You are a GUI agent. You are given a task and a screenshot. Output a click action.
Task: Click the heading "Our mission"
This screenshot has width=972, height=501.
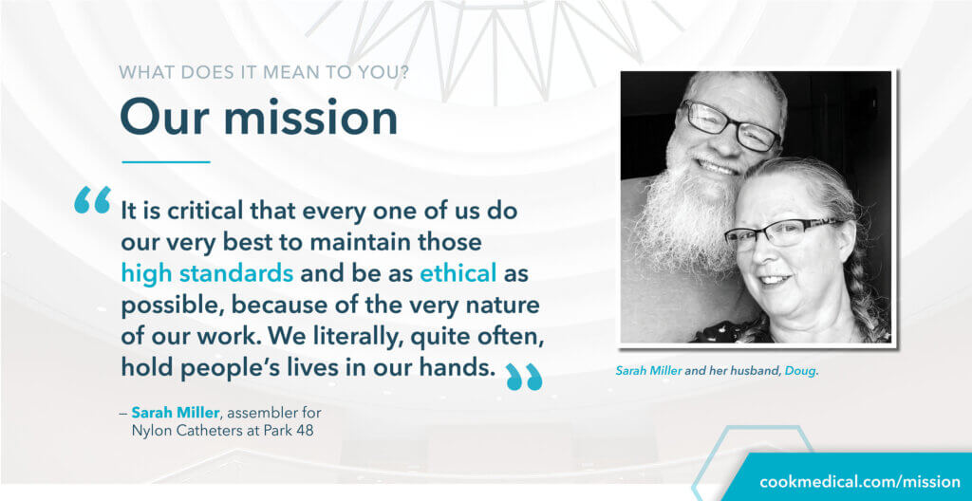pyautogui.click(x=258, y=118)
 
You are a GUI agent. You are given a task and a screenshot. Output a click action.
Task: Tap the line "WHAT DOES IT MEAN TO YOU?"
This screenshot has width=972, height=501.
pyautogui.click(x=264, y=72)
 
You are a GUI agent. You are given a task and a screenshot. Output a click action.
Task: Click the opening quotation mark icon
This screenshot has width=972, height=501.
pyautogui.click(x=92, y=199)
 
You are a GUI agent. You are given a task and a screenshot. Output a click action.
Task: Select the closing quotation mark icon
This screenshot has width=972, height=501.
pyautogui.click(x=524, y=377)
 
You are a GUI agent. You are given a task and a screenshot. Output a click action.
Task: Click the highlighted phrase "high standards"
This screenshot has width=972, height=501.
pyautogui.click(x=207, y=273)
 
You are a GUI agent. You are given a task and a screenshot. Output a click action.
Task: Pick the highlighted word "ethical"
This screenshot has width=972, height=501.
pyautogui.click(x=458, y=273)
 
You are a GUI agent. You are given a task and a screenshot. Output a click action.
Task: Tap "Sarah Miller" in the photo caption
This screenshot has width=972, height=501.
pyautogui.click(x=648, y=371)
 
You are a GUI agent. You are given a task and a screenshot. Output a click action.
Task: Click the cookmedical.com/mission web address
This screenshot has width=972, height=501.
pyautogui.click(x=860, y=482)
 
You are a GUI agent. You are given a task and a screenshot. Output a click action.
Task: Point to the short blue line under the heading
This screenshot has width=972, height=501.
pyautogui.click(x=166, y=162)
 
